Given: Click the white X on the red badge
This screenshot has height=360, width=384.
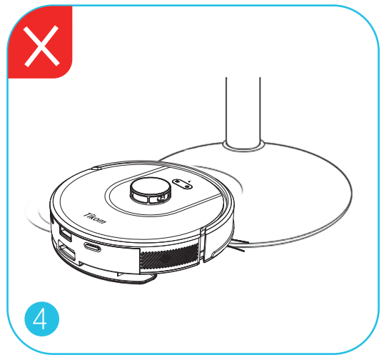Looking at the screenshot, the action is tap(41, 46).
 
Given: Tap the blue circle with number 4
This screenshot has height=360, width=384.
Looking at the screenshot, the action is tap(42, 319).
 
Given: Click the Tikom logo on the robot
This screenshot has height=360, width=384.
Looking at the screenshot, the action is tap(95, 218).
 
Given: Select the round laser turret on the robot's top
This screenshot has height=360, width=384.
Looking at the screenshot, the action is tap(150, 191).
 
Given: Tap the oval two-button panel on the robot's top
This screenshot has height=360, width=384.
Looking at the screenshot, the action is tap(182, 184).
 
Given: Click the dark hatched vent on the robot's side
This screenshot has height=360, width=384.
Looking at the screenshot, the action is tap(169, 256).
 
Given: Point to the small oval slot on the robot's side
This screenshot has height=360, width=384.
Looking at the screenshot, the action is tap(92, 246).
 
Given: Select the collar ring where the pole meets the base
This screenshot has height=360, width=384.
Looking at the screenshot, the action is tap(243, 146).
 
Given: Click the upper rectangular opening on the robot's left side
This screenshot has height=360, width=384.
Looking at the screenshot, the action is tap(66, 234).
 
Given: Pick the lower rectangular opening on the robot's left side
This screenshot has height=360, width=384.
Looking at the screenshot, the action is tap(66, 251).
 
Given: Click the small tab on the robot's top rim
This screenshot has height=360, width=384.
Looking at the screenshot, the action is tap(96, 168).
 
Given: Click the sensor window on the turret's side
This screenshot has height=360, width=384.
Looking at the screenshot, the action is tap(158, 199).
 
